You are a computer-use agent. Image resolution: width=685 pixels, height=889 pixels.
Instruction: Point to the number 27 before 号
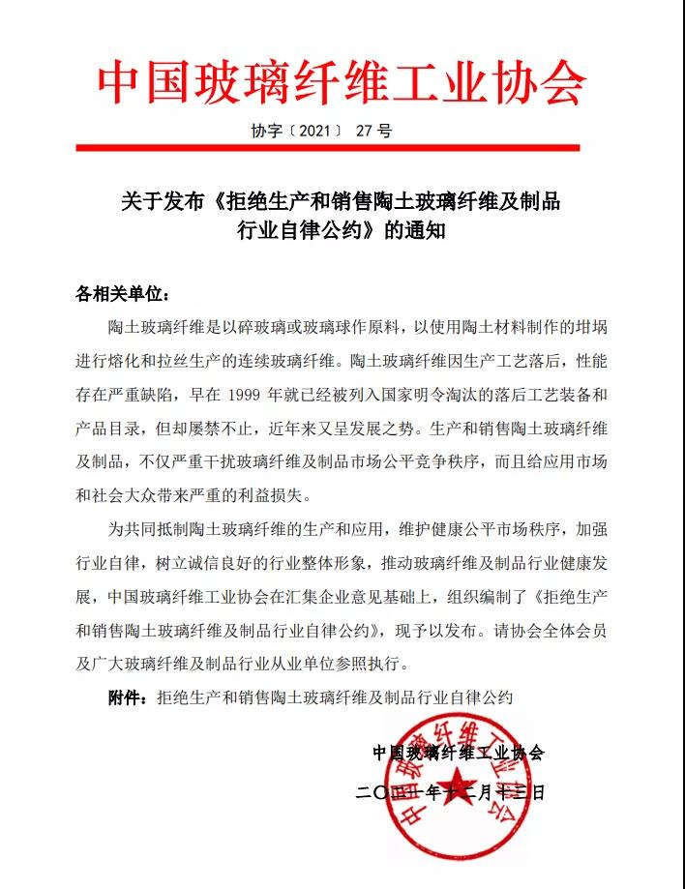coord(364,131)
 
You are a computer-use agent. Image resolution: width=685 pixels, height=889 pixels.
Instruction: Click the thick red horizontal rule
coord(342,148)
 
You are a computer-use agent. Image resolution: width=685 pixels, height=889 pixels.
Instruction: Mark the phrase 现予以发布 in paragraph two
coord(438,631)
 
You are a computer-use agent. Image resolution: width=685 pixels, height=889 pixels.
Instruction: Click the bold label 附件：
coord(129,697)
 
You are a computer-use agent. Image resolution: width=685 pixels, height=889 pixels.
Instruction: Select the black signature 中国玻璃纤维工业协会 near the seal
coord(459,752)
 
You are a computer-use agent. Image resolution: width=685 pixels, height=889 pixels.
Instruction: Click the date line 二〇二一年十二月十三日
coord(451,792)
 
